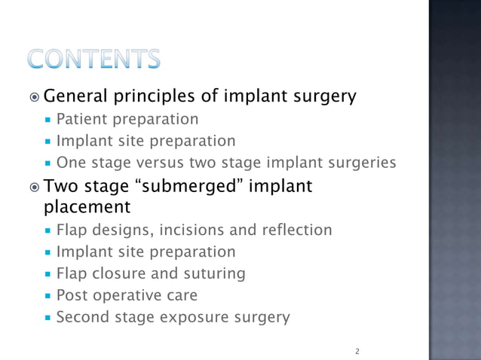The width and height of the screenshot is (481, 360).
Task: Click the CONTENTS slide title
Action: pyautogui.click(x=95, y=59)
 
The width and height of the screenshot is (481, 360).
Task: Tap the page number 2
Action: pyautogui.click(x=357, y=351)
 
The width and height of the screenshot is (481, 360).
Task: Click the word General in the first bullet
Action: pyautogui.click(x=77, y=97)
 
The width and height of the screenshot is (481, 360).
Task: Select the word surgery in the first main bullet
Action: pyautogui.click(x=323, y=97)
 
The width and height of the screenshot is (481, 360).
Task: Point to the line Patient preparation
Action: pyautogui.click(x=128, y=119)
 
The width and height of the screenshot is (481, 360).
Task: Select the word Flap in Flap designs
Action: pyautogui.click(x=72, y=230)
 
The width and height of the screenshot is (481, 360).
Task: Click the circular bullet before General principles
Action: pyautogui.click(x=36, y=98)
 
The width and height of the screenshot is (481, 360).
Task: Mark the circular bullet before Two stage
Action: pyautogui.click(x=36, y=186)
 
